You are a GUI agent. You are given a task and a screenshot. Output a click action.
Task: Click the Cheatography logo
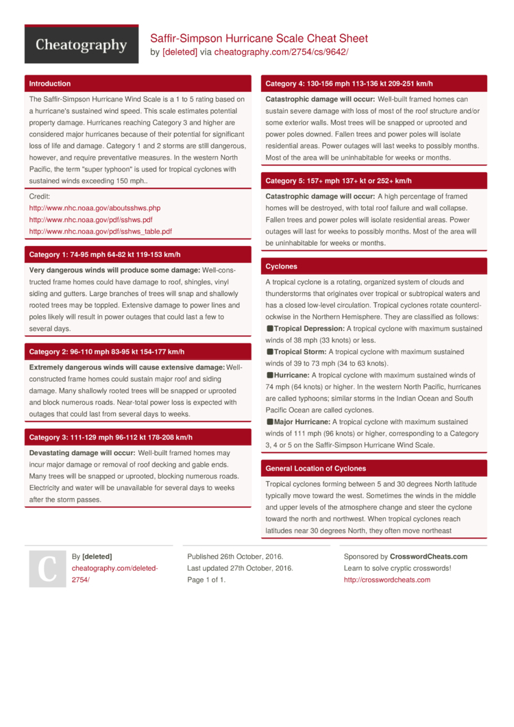82,45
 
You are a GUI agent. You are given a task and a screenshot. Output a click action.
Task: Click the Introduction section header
49,84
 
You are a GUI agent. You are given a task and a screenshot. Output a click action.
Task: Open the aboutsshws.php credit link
95,208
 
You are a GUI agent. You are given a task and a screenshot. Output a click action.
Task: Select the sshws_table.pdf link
100,232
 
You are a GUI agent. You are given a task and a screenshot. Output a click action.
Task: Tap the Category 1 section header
104,255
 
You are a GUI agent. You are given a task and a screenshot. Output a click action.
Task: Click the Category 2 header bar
106,352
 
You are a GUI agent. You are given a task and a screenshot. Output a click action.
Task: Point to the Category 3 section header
110,437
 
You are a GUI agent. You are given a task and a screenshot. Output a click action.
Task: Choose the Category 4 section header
349,84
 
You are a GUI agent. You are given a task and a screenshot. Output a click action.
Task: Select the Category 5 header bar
338,181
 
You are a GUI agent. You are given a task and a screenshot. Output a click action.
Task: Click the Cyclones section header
281,267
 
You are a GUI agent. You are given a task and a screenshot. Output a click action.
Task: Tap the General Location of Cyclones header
315,469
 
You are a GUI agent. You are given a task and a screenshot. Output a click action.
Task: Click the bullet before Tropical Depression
269,329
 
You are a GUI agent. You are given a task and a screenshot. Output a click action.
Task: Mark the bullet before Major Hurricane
269,422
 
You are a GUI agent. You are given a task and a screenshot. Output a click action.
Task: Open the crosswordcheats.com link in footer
387,580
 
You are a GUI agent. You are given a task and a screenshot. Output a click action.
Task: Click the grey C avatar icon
47,569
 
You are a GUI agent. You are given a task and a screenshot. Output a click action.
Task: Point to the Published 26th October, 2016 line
235,556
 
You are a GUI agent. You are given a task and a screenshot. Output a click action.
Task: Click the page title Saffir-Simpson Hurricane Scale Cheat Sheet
259,38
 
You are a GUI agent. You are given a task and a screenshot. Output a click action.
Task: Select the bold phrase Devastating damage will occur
82,453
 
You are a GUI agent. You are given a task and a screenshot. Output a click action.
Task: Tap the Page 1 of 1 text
206,580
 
